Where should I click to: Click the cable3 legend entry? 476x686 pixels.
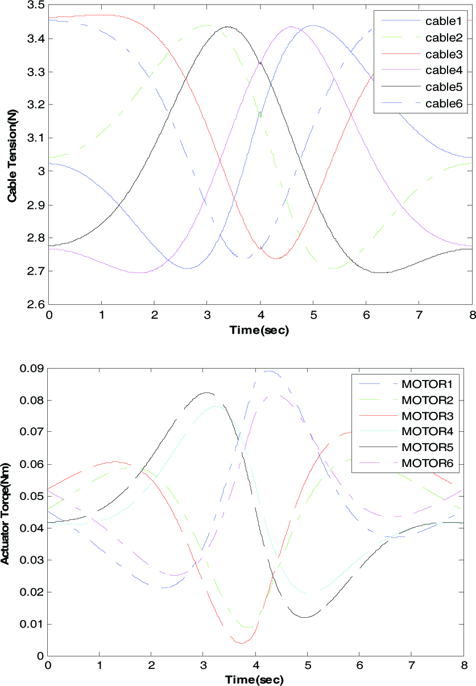point(444,54)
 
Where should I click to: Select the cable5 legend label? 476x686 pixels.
point(444,87)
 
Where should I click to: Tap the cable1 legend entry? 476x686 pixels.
point(444,21)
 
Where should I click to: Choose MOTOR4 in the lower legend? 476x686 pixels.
point(427,431)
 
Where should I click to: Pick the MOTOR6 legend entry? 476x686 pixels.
point(427,463)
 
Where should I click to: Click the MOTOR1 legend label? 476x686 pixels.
point(427,384)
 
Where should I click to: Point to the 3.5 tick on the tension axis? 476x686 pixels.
point(36,5)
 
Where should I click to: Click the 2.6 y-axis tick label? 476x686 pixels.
point(36,305)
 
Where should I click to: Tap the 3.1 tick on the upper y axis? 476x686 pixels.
point(36,138)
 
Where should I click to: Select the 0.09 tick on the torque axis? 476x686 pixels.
point(32,368)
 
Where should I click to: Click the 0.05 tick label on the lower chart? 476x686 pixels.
point(32,496)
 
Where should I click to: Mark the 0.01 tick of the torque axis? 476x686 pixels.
point(32,624)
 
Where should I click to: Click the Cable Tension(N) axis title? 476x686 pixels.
point(13,156)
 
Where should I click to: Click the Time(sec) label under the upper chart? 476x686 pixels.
point(259,330)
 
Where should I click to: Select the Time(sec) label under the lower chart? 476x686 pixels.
point(254,680)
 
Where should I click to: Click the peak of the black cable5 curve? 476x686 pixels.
point(227,27)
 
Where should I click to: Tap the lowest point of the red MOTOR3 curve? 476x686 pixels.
point(242,643)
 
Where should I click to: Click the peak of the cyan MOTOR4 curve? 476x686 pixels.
point(216,406)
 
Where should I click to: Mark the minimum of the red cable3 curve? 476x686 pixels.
point(275,259)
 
